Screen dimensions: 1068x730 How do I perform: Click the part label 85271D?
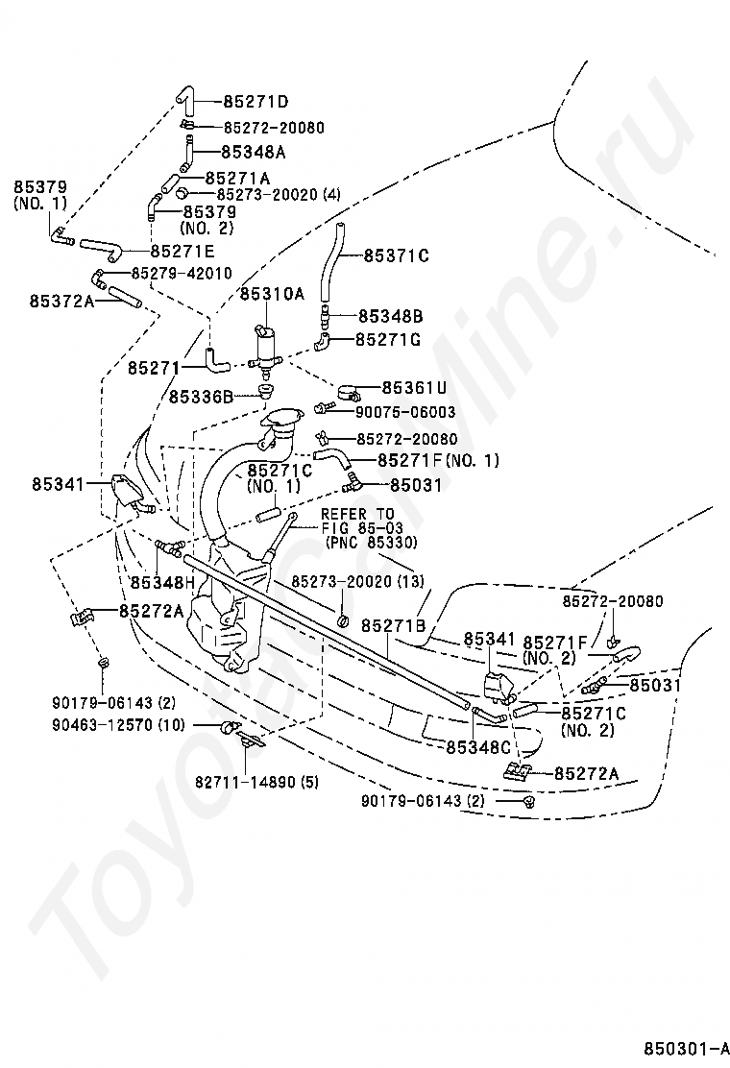(x=256, y=101)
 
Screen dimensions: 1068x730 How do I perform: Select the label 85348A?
(x=254, y=152)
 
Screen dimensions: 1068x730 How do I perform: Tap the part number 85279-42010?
(x=181, y=274)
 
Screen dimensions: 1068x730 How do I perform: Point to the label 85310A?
(x=271, y=294)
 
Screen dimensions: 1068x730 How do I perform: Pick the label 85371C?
(x=397, y=255)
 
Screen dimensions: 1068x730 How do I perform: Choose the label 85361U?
(x=414, y=388)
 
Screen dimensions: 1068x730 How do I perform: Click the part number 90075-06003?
(x=403, y=413)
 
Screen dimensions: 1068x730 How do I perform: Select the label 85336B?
(x=202, y=396)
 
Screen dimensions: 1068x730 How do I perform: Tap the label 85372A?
(x=61, y=301)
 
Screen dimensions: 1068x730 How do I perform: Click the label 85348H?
(x=162, y=582)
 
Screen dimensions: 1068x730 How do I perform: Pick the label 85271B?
(x=393, y=625)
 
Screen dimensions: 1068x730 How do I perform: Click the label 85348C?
(x=478, y=745)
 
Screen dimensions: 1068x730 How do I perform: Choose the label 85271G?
(x=388, y=339)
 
